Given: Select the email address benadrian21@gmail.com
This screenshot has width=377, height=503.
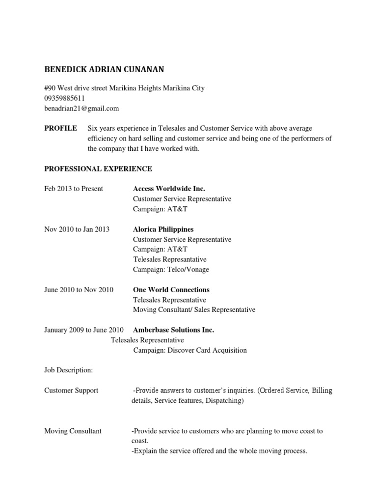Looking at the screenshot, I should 81,108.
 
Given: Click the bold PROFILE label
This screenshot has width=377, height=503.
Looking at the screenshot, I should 60,128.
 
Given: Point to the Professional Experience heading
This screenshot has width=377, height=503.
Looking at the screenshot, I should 98,169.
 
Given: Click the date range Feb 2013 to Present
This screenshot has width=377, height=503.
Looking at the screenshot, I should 74,189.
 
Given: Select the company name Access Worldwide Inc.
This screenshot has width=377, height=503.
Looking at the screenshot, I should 169,189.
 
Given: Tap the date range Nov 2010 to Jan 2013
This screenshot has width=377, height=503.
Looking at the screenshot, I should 77,229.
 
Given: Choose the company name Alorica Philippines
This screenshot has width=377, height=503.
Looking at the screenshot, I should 163,229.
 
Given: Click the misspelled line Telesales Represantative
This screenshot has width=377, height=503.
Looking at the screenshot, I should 170,259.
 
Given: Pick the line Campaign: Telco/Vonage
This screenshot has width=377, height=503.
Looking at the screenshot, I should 171,269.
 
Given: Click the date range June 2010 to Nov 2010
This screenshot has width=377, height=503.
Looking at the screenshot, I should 79,290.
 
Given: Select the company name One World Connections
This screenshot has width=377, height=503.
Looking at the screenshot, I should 171,290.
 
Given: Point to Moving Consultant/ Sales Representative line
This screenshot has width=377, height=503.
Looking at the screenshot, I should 194,310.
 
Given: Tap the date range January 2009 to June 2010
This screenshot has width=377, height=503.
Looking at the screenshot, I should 84,330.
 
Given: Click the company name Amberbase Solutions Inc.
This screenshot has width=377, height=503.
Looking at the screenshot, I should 173,330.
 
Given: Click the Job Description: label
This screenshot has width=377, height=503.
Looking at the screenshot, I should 69,370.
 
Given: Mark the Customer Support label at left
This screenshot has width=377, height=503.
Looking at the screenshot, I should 71,391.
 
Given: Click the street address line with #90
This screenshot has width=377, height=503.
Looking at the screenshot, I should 124,88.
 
